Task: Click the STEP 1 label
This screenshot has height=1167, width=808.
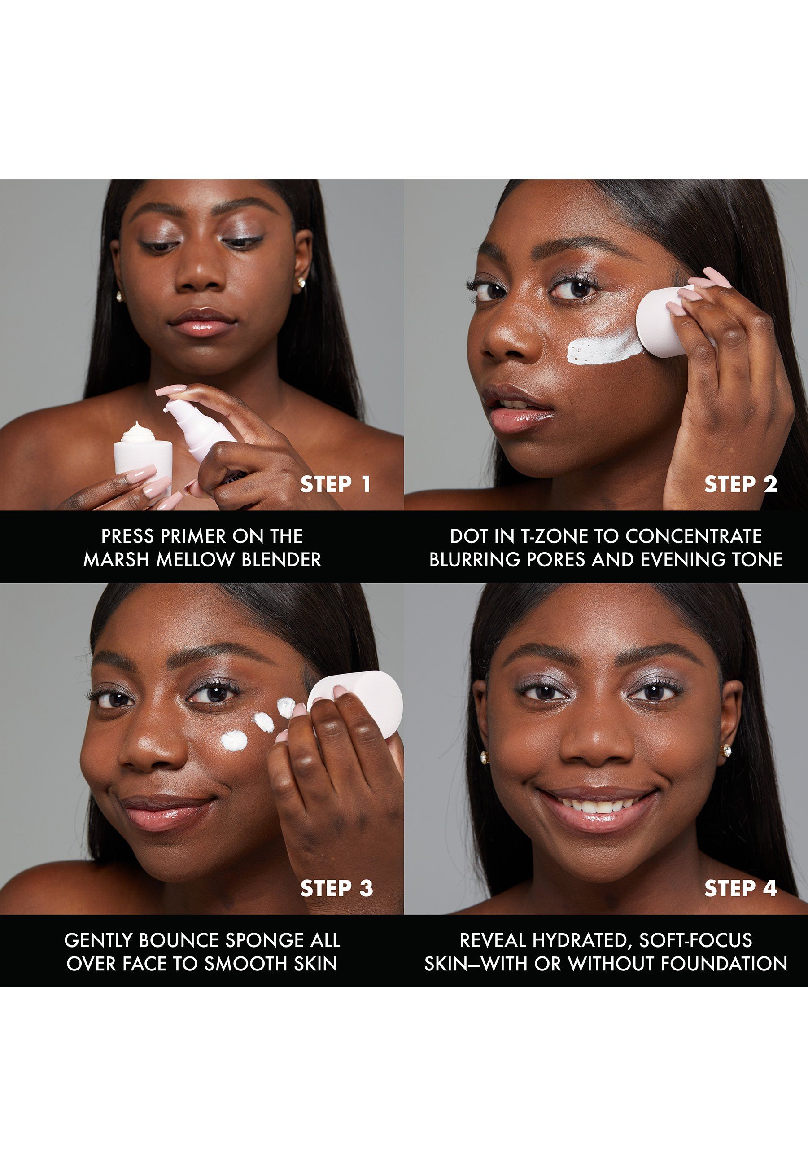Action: (x=336, y=485)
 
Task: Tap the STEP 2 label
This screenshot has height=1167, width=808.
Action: (x=741, y=485)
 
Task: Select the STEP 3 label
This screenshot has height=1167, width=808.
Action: (x=336, y=888)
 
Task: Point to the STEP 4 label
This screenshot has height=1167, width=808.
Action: (x=741, y=888)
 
